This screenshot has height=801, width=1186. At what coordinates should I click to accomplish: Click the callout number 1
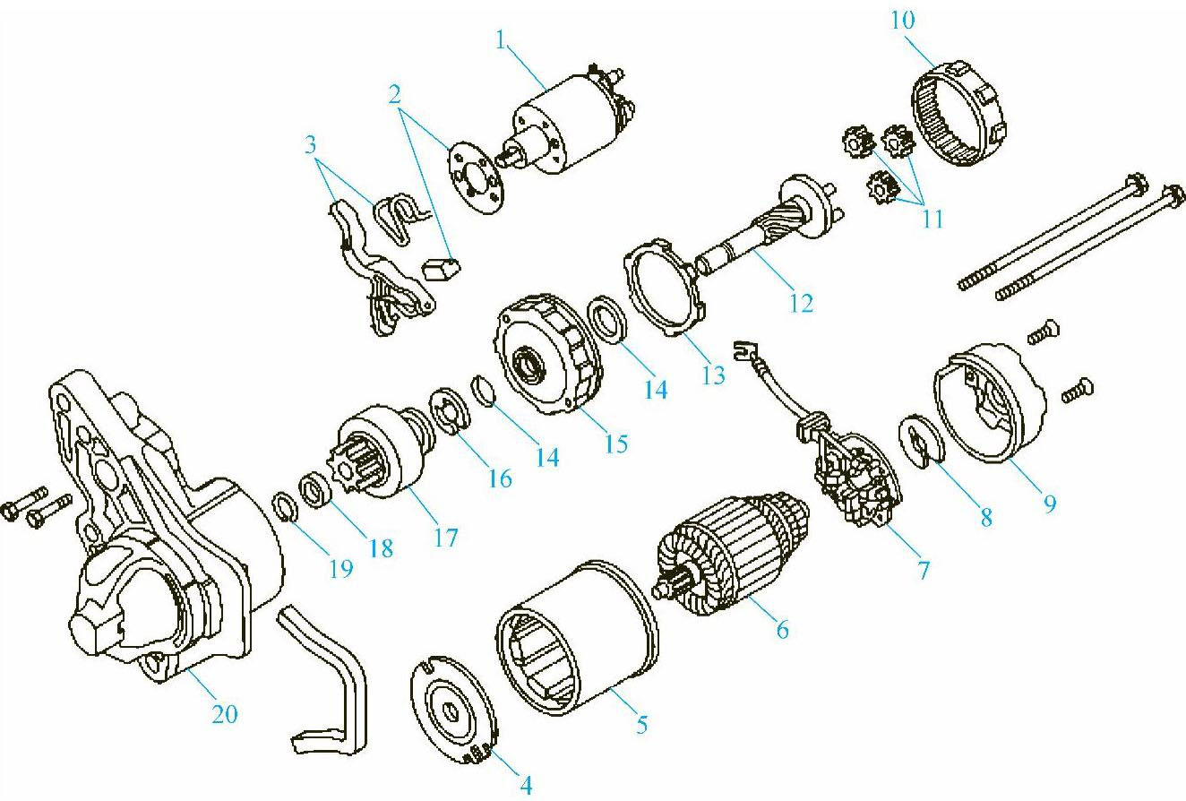501,40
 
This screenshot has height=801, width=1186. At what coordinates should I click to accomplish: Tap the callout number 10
902,20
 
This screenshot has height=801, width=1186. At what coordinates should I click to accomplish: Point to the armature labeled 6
734,555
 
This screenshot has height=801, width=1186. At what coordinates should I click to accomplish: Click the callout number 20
225,714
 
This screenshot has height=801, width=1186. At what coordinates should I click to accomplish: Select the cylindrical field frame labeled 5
577,638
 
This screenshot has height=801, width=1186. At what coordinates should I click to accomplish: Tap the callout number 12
801,304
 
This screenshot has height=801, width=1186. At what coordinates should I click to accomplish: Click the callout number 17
446,538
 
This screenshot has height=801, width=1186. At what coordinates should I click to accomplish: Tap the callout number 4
526,785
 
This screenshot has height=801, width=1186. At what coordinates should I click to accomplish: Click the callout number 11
932,219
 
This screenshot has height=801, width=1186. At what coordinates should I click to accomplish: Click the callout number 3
310,144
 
